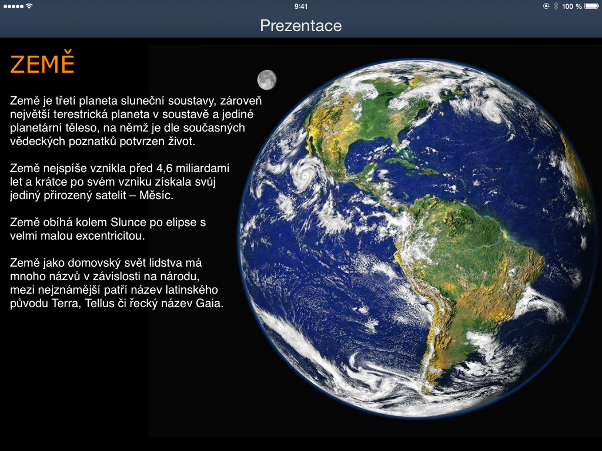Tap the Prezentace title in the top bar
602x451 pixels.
click(x=300, y=26)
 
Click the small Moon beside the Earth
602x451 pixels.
click(x=267, y=80)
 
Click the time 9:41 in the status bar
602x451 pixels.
click(x=300, y=6)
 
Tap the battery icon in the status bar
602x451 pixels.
click(x=591, y=6)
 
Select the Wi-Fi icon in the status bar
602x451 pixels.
click(x=29, y=6)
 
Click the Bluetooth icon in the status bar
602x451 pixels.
click(x=556, y=6)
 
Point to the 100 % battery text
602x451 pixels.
click(x=571, y=6)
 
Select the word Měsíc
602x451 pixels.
click(x=156, y=195)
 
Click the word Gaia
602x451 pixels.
click(x=209, y=304)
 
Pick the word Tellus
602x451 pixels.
click(x=100, y=304)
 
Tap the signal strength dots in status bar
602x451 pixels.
click(x=14, y=6)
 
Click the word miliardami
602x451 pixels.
click(x=202, y=169)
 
